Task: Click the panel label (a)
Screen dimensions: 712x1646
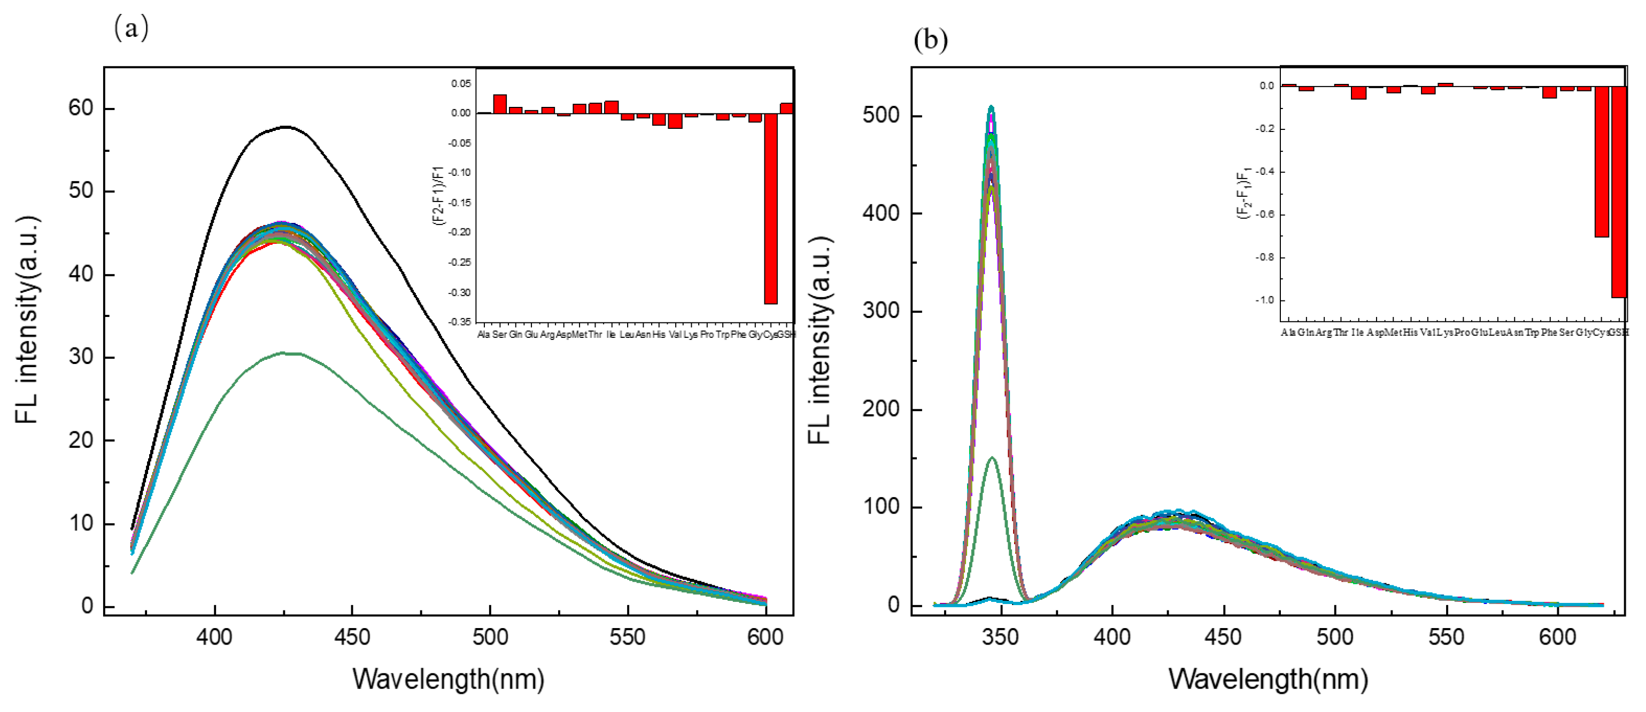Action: tap(131, 29)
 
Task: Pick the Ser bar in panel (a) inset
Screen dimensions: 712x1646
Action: tap(500, 104)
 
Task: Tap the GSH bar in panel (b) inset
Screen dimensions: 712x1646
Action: tap(1619, 192)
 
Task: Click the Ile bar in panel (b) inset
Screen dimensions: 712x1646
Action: tap(1358, 92)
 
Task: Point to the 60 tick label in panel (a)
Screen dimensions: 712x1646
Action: tap(81, 108)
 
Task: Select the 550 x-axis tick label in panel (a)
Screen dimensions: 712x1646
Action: tap(628, 637)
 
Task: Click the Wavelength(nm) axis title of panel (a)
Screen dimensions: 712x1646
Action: tap(448, 679)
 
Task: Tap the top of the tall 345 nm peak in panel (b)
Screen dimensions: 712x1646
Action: tap(991, 107)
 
